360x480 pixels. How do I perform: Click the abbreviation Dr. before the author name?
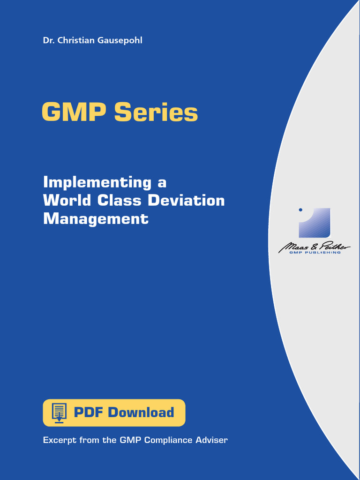48,40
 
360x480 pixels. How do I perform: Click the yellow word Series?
156,112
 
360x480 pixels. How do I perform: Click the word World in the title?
67,200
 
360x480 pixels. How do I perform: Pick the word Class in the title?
120,200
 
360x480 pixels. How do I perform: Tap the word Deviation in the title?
186,200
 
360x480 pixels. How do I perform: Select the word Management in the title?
96,218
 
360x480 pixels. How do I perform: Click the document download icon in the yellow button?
59,412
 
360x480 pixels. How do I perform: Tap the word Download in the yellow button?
141,412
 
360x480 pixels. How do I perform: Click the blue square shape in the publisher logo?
315,223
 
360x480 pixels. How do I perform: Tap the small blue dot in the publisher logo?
300,210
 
